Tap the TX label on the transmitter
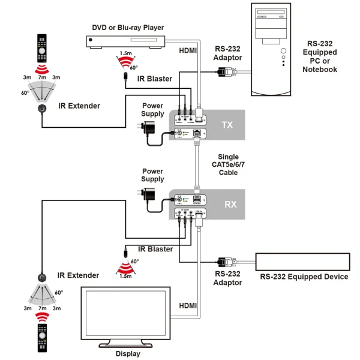pos(227,125)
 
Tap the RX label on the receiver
pos(230,204)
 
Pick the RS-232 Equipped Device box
pos(303,262)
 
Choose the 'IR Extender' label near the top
pos(79,106)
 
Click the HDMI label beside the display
pos(188,306)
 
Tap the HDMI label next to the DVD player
pos(188,51)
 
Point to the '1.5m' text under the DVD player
pos(125,53)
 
